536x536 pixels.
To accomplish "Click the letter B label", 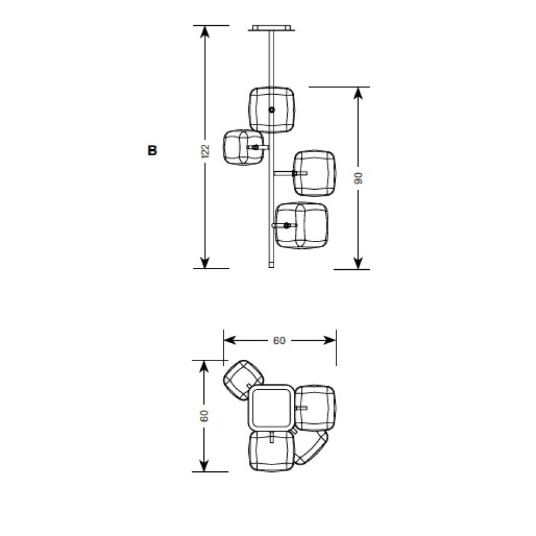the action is click(152, 150).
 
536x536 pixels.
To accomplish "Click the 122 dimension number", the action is click(205, 151).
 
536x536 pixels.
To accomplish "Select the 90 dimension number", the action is click(358, 178).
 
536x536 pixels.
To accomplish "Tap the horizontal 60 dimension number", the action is click(279, 341).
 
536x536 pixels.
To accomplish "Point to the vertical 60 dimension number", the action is click(204, 415).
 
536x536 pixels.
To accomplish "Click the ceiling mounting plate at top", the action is click(272, 28).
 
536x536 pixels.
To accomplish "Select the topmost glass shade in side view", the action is click(272, 110).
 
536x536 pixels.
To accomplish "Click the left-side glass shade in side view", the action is click(244, 147).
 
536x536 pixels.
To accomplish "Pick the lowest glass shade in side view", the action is click(301, 225).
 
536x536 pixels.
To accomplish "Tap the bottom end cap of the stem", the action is click(272, 265).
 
